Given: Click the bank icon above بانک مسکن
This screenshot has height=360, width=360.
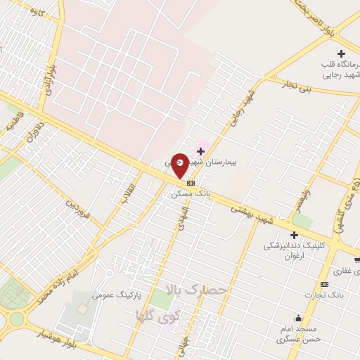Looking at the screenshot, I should (x=191, y=182).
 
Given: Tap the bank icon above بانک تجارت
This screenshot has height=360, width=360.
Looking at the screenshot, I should (x=325, y=284).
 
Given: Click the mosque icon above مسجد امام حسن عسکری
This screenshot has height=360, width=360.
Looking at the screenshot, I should (x=299, y=318).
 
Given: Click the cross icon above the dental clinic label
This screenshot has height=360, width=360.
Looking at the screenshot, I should (x=293, y=236).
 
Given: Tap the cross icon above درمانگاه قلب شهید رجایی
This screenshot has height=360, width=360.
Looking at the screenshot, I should (x=342, y=54).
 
